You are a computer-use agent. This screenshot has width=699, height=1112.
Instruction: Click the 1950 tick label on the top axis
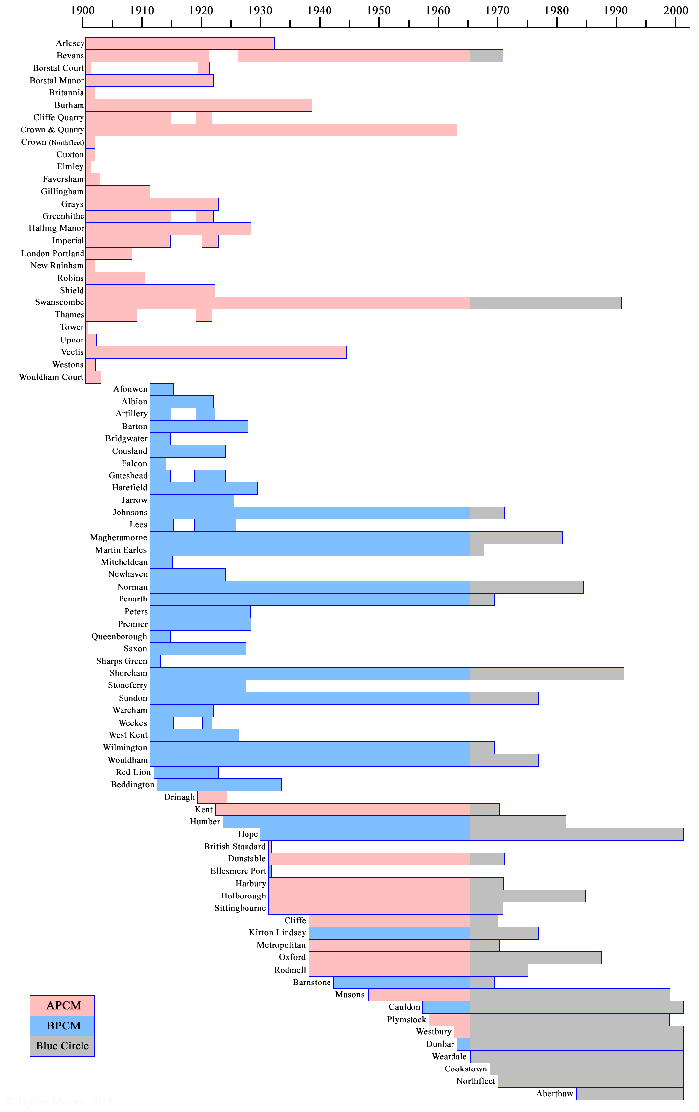(x=378, y=10)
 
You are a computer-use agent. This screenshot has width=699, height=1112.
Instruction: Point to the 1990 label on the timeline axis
(x=616, y=10)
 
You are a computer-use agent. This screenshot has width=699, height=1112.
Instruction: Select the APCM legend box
(x=62, y=1005)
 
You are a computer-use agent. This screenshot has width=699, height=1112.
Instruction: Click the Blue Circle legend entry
(x=62, y=1046)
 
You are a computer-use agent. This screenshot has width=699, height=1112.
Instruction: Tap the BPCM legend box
(x=62, y=1026)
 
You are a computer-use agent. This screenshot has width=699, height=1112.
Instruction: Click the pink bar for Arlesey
(x=180, y=43)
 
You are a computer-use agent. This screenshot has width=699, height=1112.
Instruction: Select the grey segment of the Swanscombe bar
(x=545, y=303)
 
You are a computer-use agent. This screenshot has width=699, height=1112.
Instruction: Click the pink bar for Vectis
(x=216, y=352)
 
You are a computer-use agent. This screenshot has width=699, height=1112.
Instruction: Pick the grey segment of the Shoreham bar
(x=547, y=674)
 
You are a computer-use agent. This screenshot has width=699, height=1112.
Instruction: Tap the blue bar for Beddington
(x=219, y=785)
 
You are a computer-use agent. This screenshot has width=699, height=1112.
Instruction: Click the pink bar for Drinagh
(x=212, y=797)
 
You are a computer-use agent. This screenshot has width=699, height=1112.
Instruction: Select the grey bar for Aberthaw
(x=630, y=1094)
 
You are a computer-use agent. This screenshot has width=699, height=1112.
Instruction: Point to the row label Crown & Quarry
(x=52, y=130)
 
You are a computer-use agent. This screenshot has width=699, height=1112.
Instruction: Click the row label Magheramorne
(x=119, y=538)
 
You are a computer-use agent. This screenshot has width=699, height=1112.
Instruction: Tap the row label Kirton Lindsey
(x=277, y=933)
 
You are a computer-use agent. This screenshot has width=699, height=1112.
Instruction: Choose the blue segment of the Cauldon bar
(x=446, y=1007)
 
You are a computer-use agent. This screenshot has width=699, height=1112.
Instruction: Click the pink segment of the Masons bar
(x=419, y=995)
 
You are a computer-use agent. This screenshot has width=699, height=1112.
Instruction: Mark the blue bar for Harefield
(x=204, y=488)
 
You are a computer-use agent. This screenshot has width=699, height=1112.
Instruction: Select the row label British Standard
(x=235, y=847)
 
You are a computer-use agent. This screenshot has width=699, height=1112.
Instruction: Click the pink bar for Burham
(x=199, y=105)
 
